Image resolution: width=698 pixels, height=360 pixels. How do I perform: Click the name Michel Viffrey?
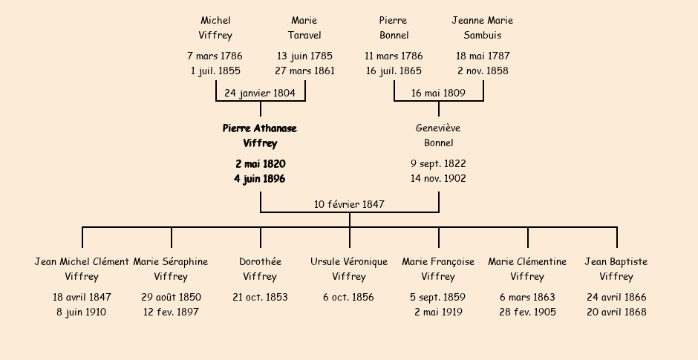215,27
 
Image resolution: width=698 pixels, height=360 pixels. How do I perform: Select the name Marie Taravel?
304,27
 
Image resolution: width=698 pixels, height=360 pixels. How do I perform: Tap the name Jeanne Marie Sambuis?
483,27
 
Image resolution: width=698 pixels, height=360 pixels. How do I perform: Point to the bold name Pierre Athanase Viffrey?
260,136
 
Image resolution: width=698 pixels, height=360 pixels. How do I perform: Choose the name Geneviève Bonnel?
438,135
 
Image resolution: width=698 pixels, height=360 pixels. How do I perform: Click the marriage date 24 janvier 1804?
260,93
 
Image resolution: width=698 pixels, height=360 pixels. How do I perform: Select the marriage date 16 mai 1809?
438,93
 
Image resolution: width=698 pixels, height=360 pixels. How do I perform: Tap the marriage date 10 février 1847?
349,204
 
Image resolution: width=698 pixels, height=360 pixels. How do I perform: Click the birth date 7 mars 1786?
215,56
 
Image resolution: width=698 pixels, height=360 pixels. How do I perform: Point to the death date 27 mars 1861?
304,71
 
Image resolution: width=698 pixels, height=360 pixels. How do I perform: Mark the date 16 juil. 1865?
394,71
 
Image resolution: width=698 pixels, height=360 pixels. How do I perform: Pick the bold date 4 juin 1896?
260,179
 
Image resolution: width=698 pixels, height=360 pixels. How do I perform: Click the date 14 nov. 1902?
438,178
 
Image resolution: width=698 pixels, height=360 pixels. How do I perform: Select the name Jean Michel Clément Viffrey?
82,269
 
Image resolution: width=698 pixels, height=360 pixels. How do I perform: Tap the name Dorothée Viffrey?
260,269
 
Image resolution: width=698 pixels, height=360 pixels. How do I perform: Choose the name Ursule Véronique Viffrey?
349,269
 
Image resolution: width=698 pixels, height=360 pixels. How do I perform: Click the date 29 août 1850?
171,297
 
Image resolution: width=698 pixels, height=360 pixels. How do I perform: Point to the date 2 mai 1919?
438,312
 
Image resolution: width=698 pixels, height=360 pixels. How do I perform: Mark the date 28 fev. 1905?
527,312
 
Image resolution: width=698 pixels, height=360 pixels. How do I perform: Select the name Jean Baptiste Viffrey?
616,269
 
